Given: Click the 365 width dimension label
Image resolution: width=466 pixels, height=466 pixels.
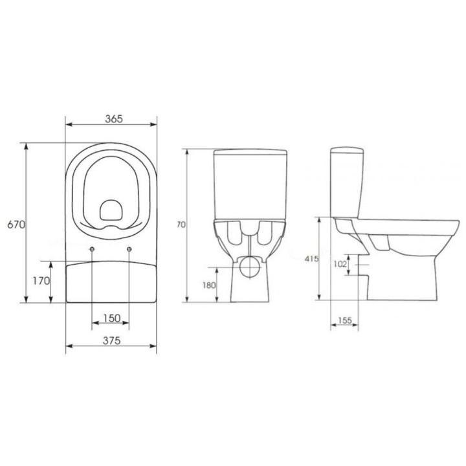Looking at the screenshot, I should [x=113, y=118].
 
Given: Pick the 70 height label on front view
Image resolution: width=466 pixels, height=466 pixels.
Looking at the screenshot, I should [x=182, y=225].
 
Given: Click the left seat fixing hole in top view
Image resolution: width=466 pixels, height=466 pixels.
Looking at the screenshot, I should [x=93, y=250].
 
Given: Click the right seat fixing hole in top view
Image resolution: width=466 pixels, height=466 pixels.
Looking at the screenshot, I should [x=131, y=250].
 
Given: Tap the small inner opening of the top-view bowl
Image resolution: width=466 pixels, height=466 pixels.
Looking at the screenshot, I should [x=112, y=211].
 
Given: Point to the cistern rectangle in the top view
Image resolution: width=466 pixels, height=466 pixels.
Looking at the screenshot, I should [x=112, y=282].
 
